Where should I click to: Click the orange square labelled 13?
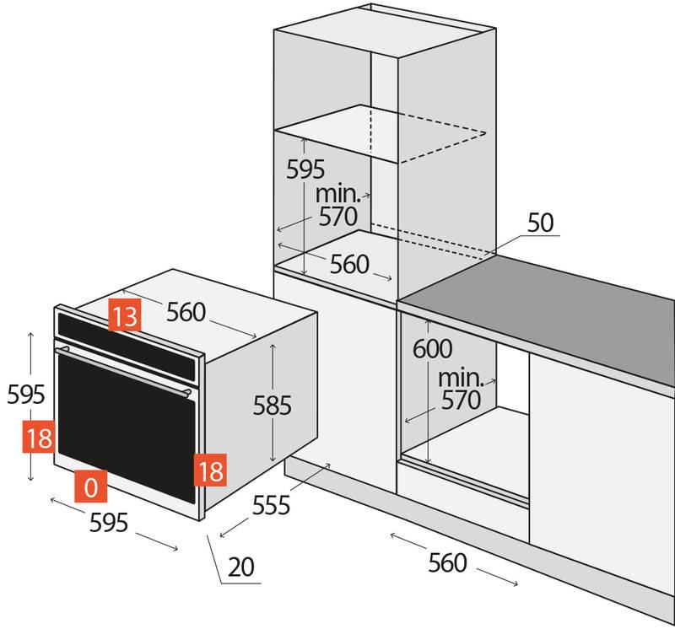124,316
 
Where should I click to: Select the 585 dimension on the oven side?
273,406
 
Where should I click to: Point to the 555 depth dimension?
270,505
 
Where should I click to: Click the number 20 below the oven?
240,567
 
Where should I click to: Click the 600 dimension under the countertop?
433,348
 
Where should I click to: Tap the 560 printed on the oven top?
186,312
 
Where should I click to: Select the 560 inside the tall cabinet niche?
349,265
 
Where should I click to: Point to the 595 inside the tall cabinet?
305,169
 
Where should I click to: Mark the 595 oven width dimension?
109,523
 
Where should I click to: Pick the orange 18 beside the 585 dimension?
209,470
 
